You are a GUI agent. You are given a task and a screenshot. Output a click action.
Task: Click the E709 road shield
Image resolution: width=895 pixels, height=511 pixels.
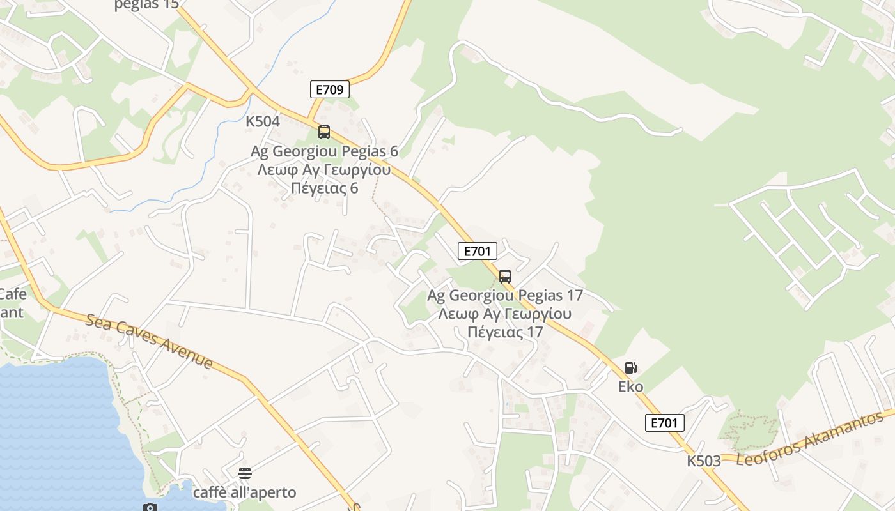point(330,89)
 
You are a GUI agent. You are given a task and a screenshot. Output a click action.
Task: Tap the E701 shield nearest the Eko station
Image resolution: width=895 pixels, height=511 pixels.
point(665,422)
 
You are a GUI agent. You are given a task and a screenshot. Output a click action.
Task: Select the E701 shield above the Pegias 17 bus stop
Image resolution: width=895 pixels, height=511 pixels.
point(477,252)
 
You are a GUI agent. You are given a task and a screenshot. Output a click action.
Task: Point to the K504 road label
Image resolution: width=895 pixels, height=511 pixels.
point(263,121)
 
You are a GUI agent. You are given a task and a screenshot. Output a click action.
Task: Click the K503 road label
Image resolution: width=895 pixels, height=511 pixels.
point(704,461)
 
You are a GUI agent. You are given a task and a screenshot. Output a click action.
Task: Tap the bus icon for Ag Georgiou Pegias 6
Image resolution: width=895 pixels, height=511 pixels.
point(324,132)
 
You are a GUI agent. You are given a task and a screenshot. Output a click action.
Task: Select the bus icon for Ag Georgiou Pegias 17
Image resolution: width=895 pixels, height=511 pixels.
point(505,277)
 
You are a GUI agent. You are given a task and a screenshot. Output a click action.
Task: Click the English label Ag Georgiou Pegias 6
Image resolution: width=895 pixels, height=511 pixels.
point(324,151)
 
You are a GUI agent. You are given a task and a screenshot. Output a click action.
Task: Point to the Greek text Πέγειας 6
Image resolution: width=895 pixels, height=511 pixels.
point(324,188)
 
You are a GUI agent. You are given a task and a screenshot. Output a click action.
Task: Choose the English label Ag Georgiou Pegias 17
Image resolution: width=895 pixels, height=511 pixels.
point(505,296)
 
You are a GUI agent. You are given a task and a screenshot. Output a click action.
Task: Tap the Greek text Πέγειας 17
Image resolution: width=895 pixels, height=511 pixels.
point(505,332)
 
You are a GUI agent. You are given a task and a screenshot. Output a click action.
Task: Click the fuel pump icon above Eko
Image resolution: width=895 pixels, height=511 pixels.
point(630,368)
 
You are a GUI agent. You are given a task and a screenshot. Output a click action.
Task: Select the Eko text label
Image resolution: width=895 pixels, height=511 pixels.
point(630,386)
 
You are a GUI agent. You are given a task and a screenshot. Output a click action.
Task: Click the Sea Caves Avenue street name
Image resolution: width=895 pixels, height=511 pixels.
point(149,340)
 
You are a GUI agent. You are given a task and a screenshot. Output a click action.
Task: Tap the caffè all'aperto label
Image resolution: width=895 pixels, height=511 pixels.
point(245,492)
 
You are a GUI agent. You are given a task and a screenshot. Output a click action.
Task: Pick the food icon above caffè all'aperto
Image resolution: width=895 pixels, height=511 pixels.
point(245,473)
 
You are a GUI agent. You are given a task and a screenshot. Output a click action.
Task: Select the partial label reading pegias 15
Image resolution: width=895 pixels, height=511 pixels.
point(146,5)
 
